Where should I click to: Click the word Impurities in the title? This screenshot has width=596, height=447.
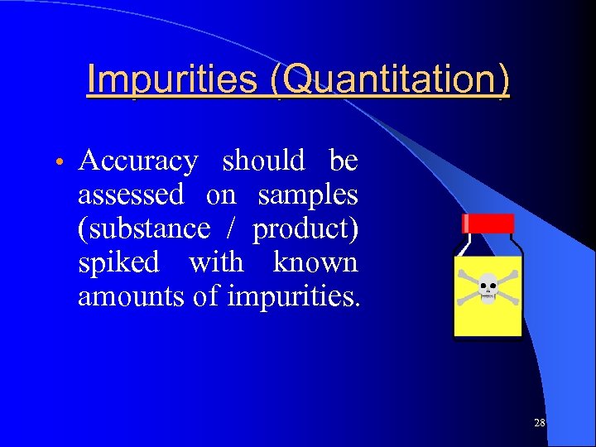coord(174,80)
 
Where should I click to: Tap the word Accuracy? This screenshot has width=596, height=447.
coord(138,161)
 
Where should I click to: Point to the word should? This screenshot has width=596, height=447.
coord(263,161)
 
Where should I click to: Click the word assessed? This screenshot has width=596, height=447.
coord(131,195)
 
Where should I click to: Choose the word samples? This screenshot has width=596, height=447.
coord(307,195)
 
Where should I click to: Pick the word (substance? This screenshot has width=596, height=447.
coord(143,229)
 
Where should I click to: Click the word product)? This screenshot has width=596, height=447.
coord(305,229)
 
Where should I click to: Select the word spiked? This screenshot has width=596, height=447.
coord(118,263)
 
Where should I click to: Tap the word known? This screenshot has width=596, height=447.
coord(315,263)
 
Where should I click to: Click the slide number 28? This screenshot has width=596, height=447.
coord(540,423)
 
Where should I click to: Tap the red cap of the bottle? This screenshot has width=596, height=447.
coord(488,223)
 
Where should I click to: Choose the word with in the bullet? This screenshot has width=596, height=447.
coord(216,263)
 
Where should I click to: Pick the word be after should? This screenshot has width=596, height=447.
coord(343,161)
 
